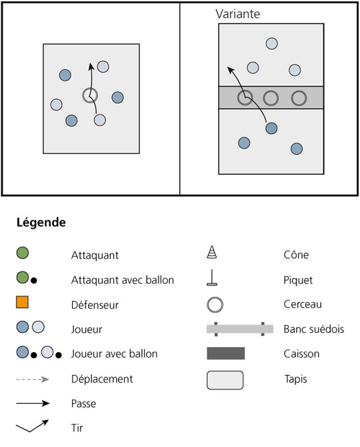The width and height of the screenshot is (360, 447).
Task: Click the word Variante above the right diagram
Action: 237,14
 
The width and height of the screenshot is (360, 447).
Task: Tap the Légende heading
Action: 41,222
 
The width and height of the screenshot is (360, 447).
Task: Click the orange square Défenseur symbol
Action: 22,302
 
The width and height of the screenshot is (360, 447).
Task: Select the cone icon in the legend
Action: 211,252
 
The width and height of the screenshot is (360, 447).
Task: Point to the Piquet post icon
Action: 212,278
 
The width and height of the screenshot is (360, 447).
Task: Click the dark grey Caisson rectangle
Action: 225,353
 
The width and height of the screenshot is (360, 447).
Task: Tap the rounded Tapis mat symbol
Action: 225,380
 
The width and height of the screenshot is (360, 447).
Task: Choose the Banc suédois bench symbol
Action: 240,329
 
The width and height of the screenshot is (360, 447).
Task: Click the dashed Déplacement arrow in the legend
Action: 33,379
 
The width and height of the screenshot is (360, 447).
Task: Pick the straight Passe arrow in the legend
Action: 33,403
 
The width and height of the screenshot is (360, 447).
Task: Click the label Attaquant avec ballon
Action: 123,280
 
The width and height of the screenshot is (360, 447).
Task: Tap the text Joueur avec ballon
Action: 114,354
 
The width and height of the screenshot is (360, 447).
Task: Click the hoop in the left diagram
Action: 90,88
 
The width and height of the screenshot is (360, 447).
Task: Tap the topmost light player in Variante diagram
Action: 272,43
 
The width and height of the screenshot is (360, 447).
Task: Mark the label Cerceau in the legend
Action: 303,304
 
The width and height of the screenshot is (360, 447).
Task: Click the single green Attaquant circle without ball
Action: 22,253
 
